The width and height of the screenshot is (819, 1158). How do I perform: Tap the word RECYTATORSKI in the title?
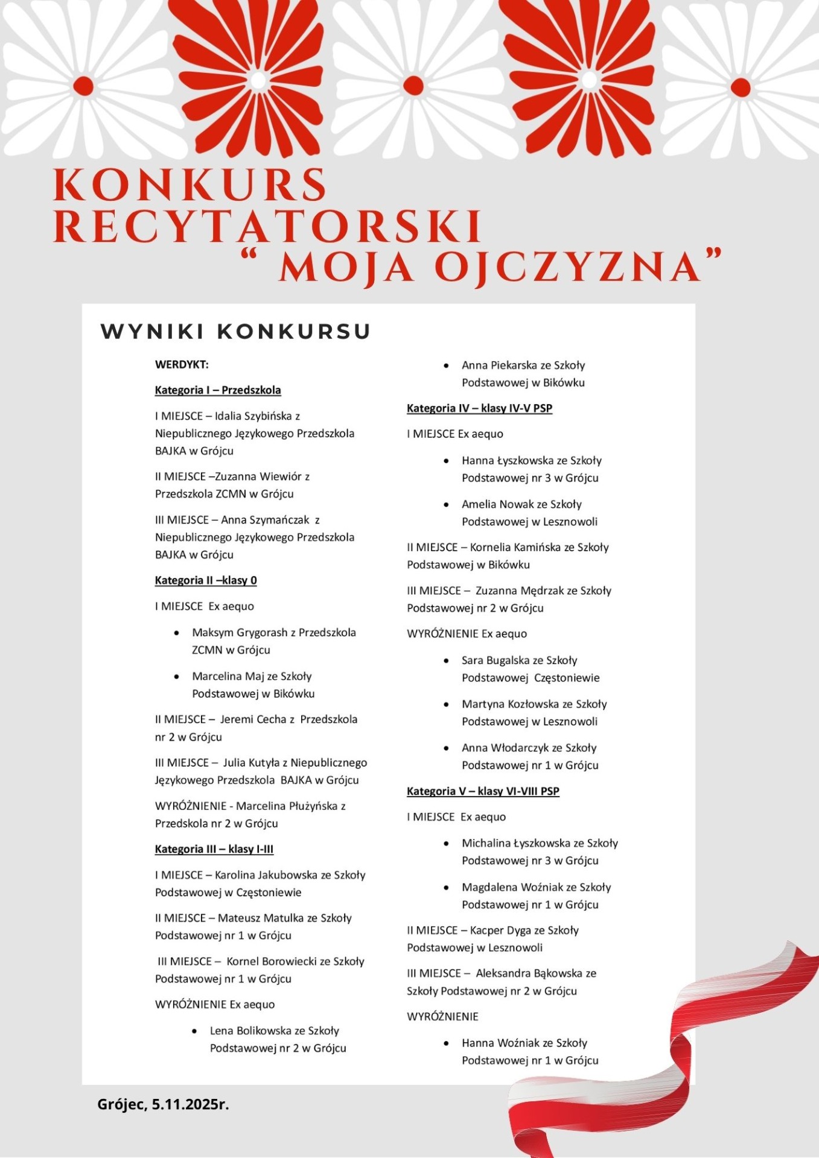pyautogui.click(x=268, y=227)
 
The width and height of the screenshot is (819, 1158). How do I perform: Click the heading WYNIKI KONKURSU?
pyautogui.click(x=235, y=331)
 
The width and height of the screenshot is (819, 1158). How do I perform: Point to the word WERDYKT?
pyautogui.click(x=182, y=365)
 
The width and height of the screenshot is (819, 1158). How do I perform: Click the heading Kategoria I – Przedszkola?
pyautogui.click(x=218, y=390)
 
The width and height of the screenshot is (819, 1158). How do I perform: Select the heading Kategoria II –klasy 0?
pyautogui.click(x=206, y=580)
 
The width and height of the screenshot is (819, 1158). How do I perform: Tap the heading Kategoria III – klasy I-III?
pyautogui.click(x=214, y=849)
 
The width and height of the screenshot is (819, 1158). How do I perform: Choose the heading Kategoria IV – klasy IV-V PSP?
pyautogui.click(x=480, y=408)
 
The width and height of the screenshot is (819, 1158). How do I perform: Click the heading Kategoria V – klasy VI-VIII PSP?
pyautogui.click(x=483, y=791)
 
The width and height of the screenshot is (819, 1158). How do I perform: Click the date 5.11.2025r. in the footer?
pyautogui.click(x=190, y=1104)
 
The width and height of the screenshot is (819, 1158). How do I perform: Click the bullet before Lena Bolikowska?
pyautogui.click(x=194, y=1031)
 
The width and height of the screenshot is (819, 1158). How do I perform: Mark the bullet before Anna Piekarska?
pyautogui.click(x=446, y=365)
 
